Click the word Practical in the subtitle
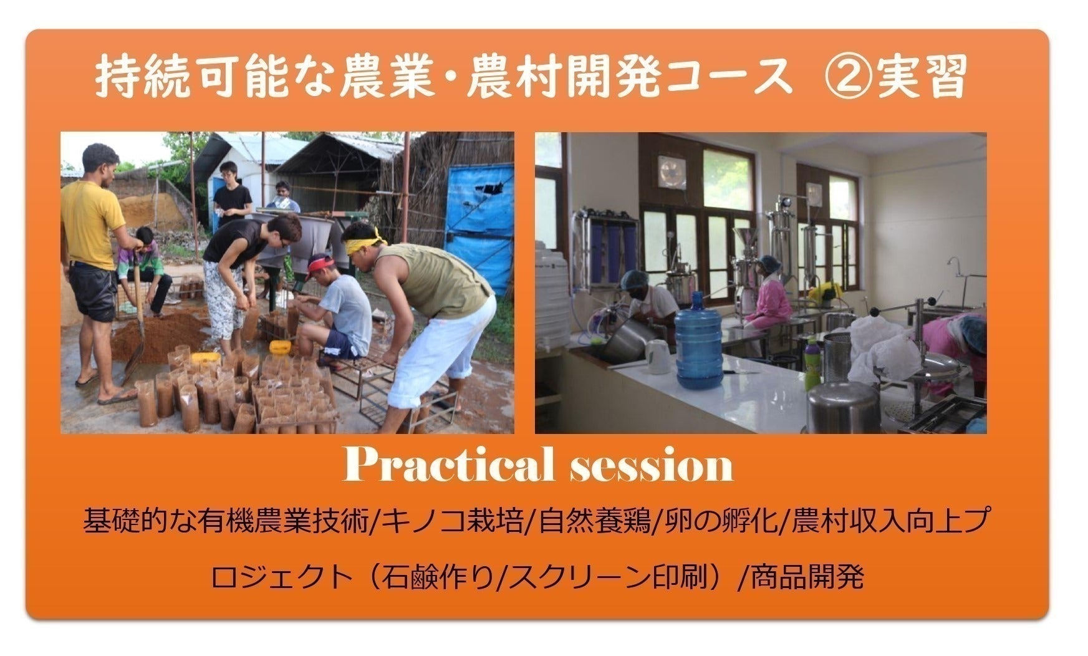pos(448,465)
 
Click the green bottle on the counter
pos(811,365)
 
